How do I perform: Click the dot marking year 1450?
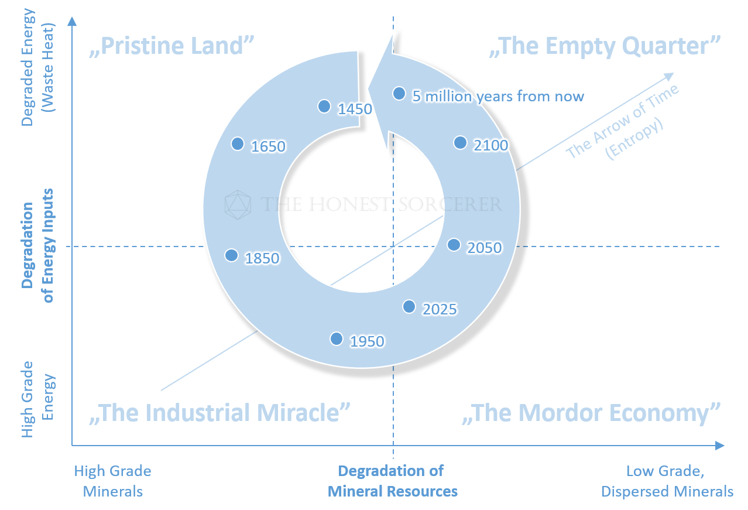324,106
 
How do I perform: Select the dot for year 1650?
238,143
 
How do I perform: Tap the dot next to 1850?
232,255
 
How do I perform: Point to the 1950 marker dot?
337,338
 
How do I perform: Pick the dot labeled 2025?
409,306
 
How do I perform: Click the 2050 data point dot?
454,245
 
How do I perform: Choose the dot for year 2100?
461,142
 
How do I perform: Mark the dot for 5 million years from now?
399,93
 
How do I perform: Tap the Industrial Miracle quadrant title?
220,413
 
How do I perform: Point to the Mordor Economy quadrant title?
591,413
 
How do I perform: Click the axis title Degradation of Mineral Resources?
392,481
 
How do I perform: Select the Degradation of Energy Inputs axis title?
38,245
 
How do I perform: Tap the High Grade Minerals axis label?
113,481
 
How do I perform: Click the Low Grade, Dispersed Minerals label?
667,481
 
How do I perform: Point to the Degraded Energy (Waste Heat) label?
38,68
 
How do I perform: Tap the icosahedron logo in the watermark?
238,204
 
